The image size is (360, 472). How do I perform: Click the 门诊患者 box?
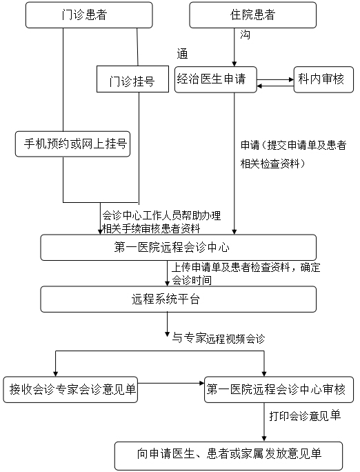point(89,15)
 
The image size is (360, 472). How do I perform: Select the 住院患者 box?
point(252,15)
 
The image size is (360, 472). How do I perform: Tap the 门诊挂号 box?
point(132,79)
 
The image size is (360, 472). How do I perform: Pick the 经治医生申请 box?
point(216,79)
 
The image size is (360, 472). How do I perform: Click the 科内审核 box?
point(323,79)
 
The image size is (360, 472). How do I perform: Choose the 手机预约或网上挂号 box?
point(73,144)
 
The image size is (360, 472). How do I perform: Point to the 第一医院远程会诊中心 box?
point(179,248)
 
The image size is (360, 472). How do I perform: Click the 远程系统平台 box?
point(179,299)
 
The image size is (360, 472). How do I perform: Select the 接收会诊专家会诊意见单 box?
point(70,389)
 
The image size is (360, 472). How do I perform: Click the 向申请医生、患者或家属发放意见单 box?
point(228,455)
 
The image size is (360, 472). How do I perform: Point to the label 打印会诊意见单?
point(305,415)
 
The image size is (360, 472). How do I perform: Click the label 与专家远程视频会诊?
point(219,338)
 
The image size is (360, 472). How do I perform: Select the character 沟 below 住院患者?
point(245,35)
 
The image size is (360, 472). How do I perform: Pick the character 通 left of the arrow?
point(182,54)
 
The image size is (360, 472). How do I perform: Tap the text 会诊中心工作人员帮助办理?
point(161,215)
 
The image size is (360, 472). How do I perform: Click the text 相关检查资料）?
point(273,164)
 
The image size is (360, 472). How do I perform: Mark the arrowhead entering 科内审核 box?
point(291,80)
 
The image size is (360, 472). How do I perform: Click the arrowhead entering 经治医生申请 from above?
point(234,63)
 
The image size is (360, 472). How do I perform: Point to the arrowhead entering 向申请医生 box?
point(264,439)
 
